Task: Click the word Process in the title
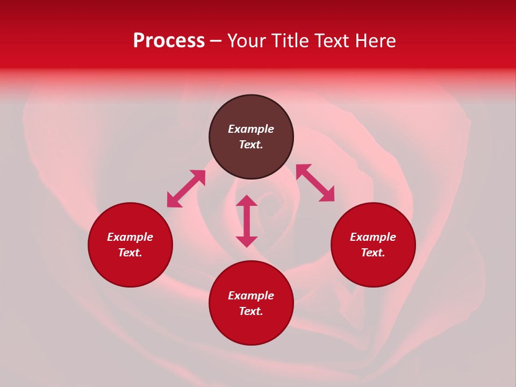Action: [x=169, y=41]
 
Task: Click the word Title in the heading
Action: [x=289, y=41]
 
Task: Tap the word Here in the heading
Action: [x=375, y=41]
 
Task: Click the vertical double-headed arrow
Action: [x=247, y=221]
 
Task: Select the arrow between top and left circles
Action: [x=186, y=189]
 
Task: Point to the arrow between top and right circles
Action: [x=315, y=183]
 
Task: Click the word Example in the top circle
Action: [x=251, y=129]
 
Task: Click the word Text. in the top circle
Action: [x=251, y=145]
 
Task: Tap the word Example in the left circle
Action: [x=130, y=237]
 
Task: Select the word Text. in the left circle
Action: [x=130, y=253]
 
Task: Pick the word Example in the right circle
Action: [x=373, y=237]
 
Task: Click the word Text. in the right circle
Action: [x=373, y=253]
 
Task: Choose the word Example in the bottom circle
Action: [x=251, y=296]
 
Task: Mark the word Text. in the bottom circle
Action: [x=251, y=311]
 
